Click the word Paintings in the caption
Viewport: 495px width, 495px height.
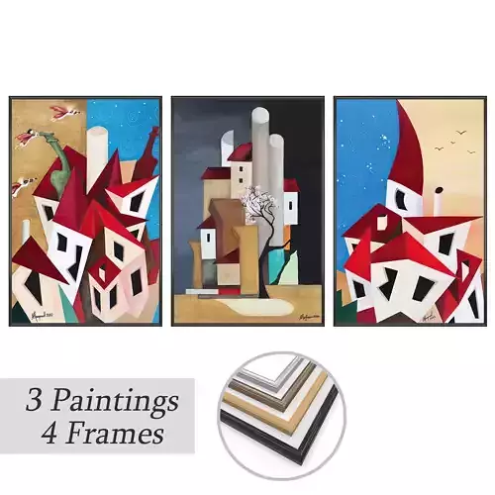[x=117, y=402]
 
